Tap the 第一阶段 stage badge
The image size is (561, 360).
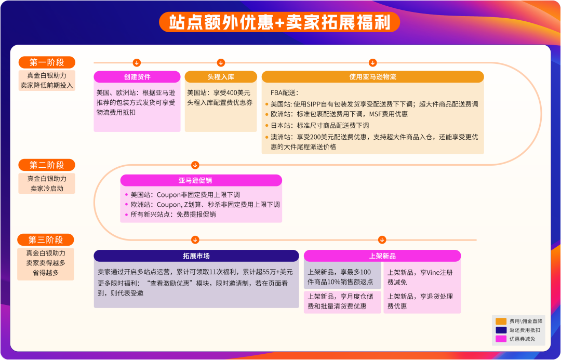(47, 62)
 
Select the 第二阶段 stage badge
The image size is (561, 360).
(47, 165)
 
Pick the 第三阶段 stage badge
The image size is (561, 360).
(46, 240)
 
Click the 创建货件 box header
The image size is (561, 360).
(137, 77)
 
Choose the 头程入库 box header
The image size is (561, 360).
(221, 77)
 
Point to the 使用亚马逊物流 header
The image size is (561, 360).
(372, 77)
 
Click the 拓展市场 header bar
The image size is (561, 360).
(196, 256)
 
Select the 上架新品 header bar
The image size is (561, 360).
(382, 256)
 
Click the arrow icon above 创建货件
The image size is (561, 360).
(137, 63)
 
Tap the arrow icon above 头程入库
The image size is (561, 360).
(221, 63)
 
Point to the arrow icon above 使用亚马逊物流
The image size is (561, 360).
(372, 63)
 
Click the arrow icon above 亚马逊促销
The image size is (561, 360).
(195, 165)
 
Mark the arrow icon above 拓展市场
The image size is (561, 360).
(195, 240)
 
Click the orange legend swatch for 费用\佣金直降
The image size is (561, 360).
(501, 321)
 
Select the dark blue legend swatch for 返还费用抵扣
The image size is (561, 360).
(501, 330)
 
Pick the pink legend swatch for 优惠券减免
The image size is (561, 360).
(501, 339)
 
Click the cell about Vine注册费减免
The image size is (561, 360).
(422, 277)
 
